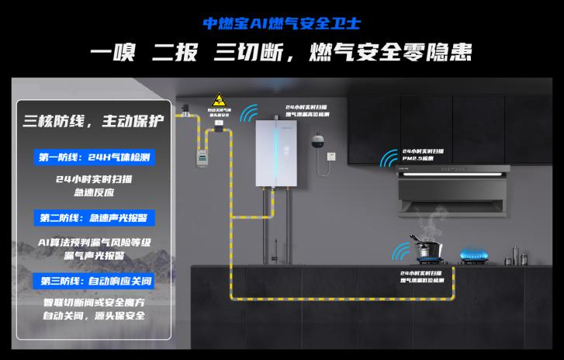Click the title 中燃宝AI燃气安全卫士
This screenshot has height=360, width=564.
tap(281, 22)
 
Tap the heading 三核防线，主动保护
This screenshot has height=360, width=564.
tap(94, 121)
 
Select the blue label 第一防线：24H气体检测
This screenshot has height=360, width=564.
tap(94, 157)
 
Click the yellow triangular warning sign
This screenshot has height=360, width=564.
tap(220, 102)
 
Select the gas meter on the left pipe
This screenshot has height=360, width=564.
tap(202, 153)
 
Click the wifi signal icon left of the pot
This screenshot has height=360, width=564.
tap(402, 252)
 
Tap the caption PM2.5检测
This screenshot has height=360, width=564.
tap(417, 159)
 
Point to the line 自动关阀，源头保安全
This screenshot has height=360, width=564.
tap(94, 317)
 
